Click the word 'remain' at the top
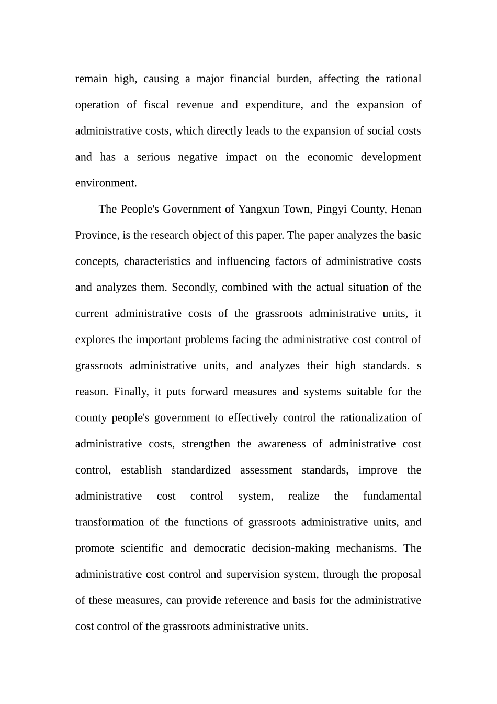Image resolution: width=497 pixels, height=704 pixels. click(91, 79)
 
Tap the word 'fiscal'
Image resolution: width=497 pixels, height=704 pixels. click(156, 105)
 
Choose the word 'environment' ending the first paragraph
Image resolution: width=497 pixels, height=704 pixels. click(105, 183)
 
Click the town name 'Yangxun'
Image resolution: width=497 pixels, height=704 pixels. click(259, 209)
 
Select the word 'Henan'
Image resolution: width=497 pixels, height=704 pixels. click(406, 209)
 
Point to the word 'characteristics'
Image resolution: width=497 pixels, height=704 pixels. click(157, 261)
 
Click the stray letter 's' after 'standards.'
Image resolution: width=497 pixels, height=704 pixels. click(419, 366)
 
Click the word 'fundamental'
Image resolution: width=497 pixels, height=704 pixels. click(392, 496)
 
